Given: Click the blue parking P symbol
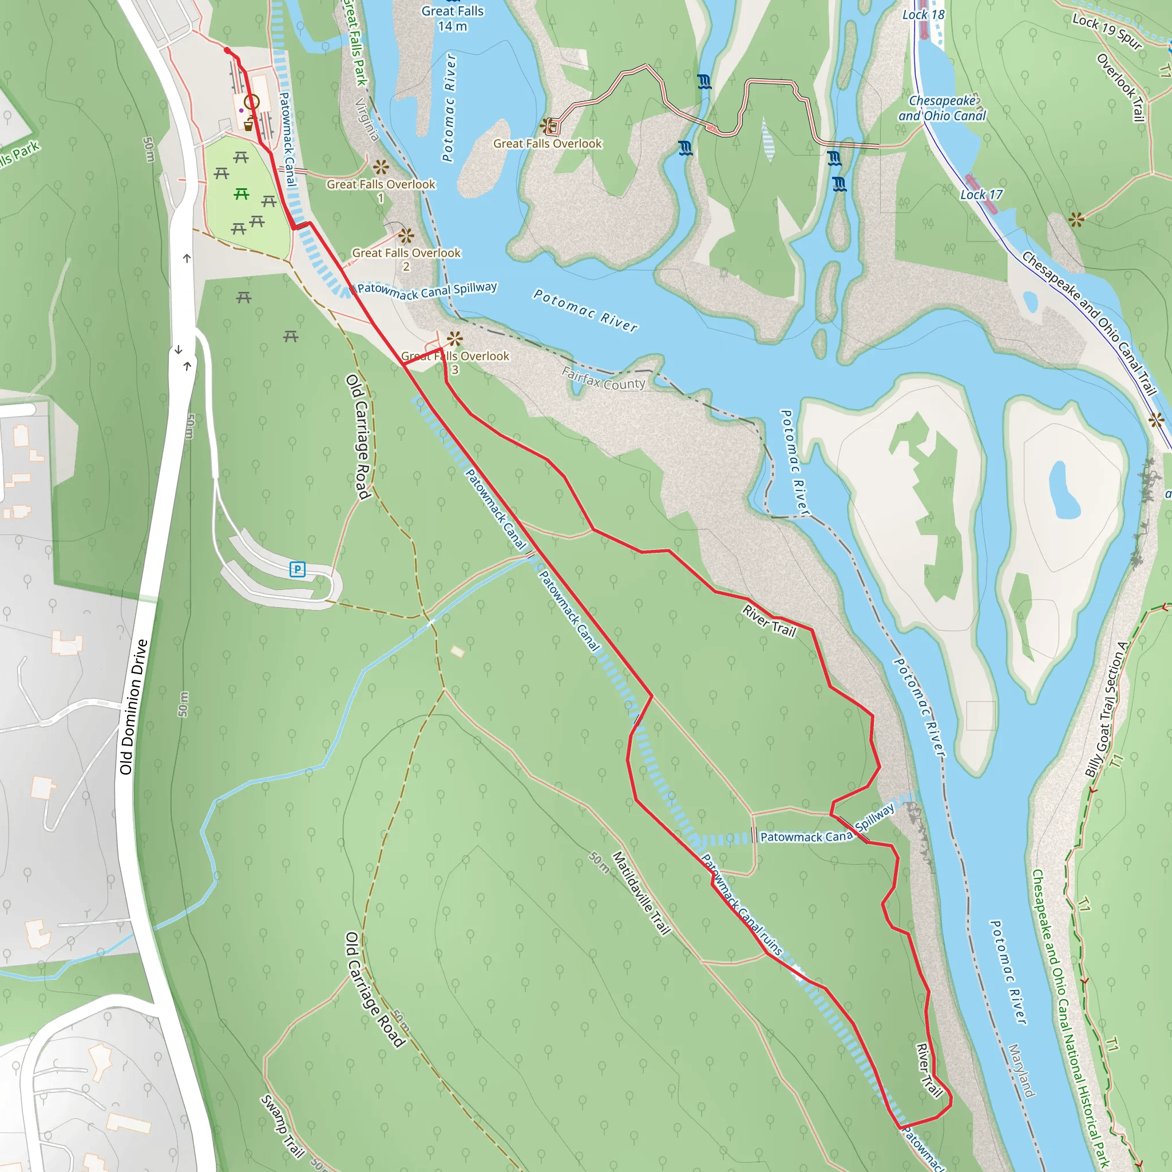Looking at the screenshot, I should pyautogui.click(x=297, y=569).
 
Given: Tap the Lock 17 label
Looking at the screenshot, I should pyautogui.click(x=981, y=195).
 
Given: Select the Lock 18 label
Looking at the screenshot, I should pyautogui.click(x=923, y=14).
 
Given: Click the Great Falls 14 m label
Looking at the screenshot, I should pyautogui.click(x=453, y=18).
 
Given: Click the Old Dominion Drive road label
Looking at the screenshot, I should pyautogui.click(x=133, y=707).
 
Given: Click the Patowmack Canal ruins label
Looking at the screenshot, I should pyautogui.click(x=741, y=905).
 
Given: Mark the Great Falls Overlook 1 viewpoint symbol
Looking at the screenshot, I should pyautogui.click(x=381, y=167).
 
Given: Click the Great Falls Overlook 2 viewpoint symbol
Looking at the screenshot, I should pyautogui.click(x=406, y=235).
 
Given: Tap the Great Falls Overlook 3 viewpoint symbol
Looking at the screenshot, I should pyautogui.click(x=454, y=339).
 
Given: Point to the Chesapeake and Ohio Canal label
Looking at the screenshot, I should pyautogui.click(x=942, y=108).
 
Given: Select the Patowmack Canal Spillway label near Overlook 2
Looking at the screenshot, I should pyautogui.click(x=427, y=290).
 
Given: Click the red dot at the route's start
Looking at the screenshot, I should pyautogui.click(x=227, y=50).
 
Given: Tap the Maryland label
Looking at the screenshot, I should pyautogui.click(x=1021, y=1070).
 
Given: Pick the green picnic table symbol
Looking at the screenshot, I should pyautogui.click(x=241, y=194).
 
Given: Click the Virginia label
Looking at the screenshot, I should pyautogui.click(x=366, y=119).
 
